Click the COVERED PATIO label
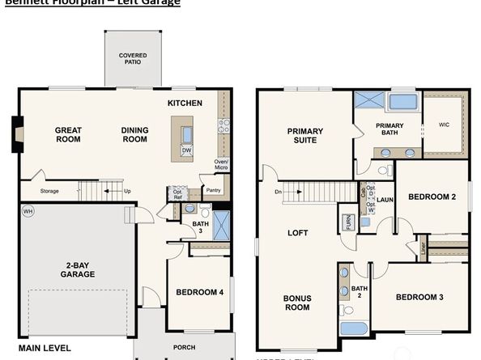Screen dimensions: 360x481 (x=133, y=59)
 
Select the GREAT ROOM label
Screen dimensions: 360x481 (x=68, y=134)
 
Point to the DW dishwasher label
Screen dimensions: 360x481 (x=186, y=150)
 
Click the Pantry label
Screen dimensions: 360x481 (x=213, y=191)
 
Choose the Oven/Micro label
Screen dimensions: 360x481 (x=220, y=165)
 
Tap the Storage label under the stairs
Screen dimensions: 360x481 (x=49, y=192)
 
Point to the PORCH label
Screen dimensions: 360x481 (x=185, y=348)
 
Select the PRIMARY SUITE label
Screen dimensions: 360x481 (x=304, y=135)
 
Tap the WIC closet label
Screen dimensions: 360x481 (x=443, y=125)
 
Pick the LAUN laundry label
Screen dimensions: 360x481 (x=385, y=199)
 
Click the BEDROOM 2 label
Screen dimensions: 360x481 (x=432, y=197)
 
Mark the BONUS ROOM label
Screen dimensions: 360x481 (x=296, y=303)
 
